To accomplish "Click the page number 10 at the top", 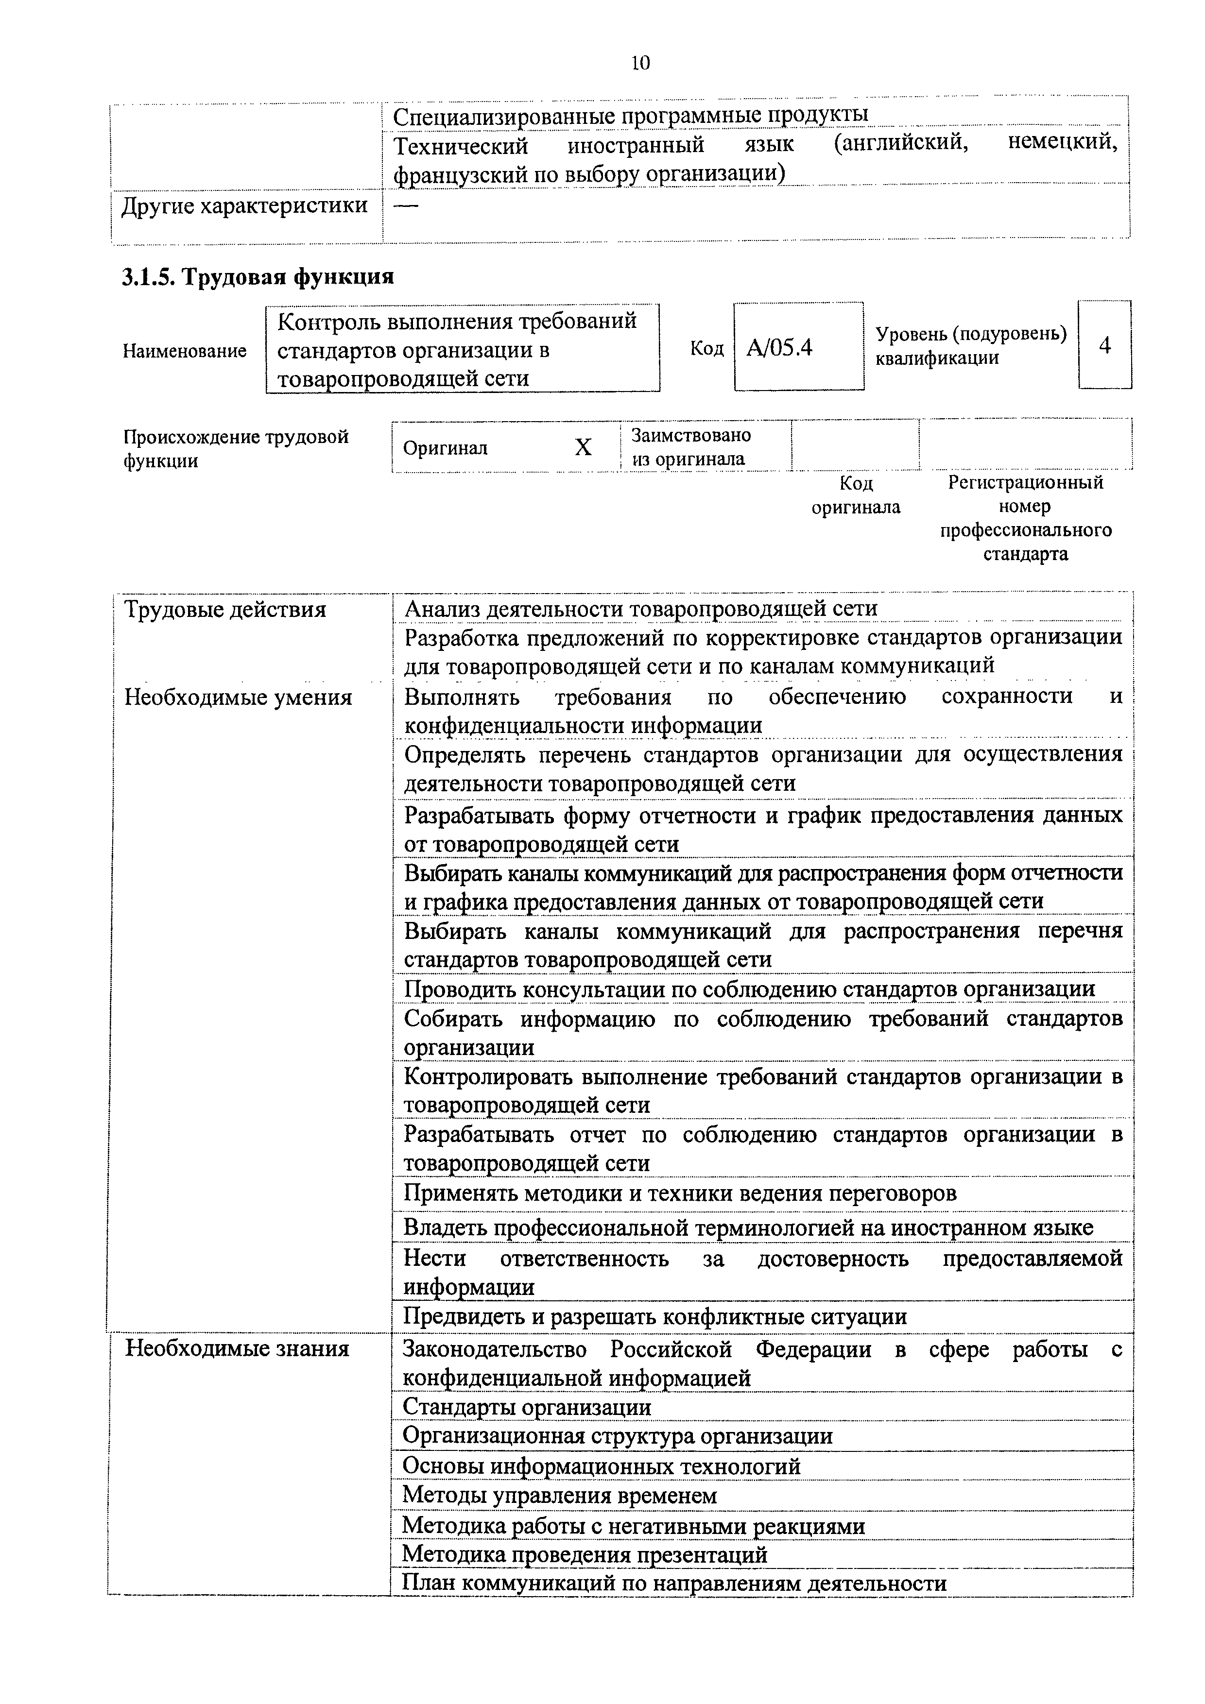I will (x=640, y=64).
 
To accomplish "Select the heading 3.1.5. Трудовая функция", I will (x=258, y=277).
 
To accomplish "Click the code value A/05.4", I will (x=779, y=347).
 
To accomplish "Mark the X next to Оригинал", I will (x=584, y=447).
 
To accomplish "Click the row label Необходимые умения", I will (x=238, y=698).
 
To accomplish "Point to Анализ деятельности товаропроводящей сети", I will (x=641, y=609).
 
